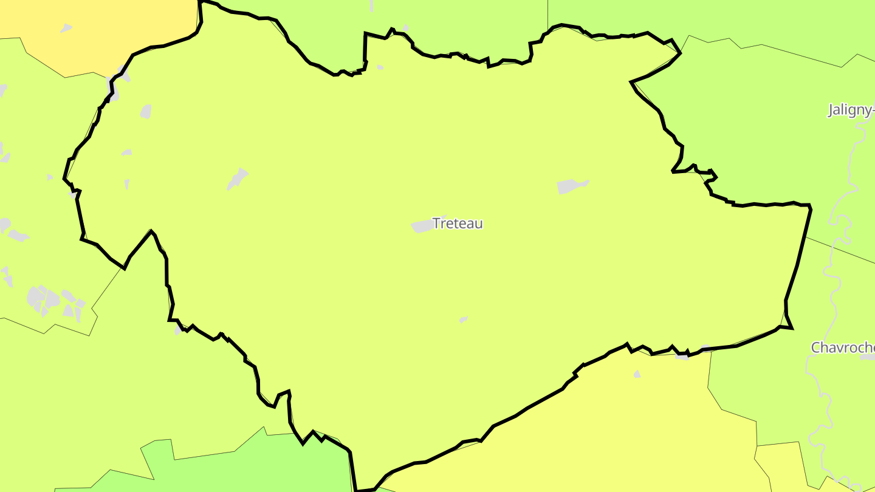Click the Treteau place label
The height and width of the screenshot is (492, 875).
(x=458, y=224)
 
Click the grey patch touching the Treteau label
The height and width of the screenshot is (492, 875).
(x=422, y=226)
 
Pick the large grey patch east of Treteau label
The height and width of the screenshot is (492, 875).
(x=571, y=186)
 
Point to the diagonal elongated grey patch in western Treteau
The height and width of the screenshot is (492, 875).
(x=238, y=179)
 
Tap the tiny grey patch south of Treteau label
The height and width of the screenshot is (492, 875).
(x=464, y=319)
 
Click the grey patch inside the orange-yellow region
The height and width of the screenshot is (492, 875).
(x=66, y=28)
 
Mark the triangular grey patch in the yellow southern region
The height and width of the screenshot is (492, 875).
(x=637, y=374)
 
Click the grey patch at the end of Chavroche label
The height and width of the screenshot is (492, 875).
(x=868, y=357)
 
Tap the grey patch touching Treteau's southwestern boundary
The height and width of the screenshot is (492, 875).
(x=177, y=330)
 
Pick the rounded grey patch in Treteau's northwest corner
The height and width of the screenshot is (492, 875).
(x=146, y=111)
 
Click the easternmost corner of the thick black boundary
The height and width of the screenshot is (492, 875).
(x=810, y=207)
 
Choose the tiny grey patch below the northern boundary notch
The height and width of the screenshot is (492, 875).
(x=380, y=67)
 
